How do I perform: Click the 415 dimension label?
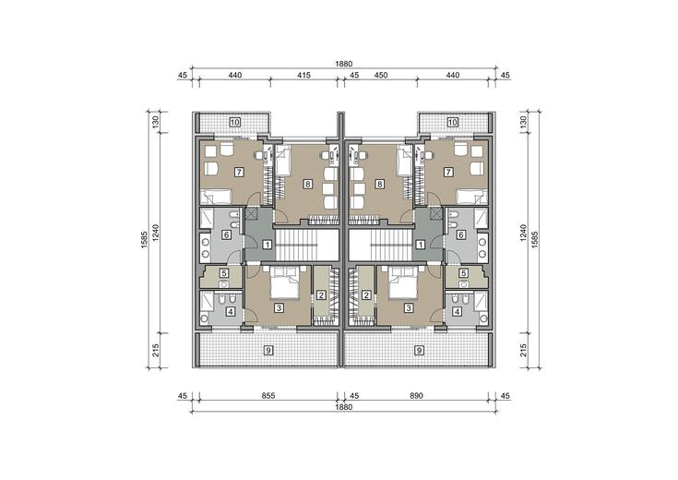pyautogui.click(x=304, y=76)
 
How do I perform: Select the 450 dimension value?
pyautogui.click(x=380, y=76)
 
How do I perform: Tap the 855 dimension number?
pyautogui.click(x=268, y=396)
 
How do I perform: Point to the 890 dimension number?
pyautogui.click(x=416, y=396)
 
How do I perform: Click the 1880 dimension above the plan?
pyautogui.click(x=344, y=64)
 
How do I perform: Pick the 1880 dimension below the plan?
pyautogui.click(x=344, y=407)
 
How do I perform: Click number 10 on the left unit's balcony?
pyautogui.click(x=235, y=122)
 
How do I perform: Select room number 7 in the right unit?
pyautogui.click(x=448, y=173)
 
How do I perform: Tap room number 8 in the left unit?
pyautogui.click(x=307, y=184)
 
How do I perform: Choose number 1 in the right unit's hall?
pyautogui.click(x=420, y=245)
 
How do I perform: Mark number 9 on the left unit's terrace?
pyautogui.click(x=268, y=350)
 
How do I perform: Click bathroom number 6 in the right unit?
pyautogui.click(x=461, y=234)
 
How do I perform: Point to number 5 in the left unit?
pyautogui.click(x=224, y=273)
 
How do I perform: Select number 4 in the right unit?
pyautogui.click(x=457, y=311)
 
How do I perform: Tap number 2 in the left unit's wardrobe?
pyautogui.click(x=321, y=295)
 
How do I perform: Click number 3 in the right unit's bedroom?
pyautogui.click(x=408, y=307)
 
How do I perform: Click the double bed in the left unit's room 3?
pyautogui.click(x=284, y=283)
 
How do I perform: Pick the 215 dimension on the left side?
pyautogui.click(x=156, y=350)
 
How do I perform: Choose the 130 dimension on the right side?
pyautogui.click(x=523, y=122)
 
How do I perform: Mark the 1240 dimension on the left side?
pyautogui.click(x=156, y=233)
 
